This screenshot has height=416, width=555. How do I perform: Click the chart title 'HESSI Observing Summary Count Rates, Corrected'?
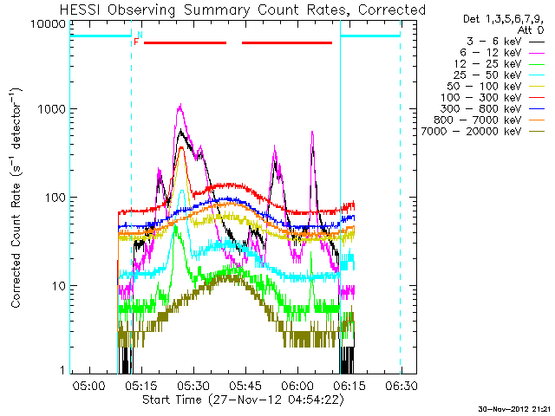(243, 10)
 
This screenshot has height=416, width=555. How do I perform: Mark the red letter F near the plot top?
(136, 42)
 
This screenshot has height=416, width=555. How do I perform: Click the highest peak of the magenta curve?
(180, 107)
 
